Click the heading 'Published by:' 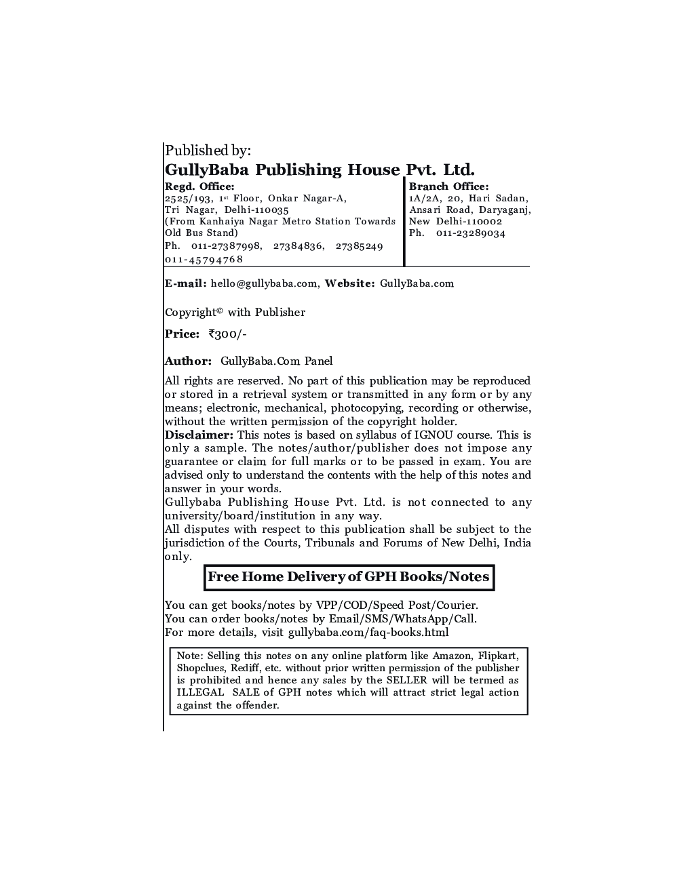click(208, 151)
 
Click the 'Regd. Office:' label click(199, 186)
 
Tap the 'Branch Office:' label click(448, 186)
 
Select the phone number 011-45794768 click(204, 260)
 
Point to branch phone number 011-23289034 click(476, 233)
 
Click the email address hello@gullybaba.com click(264, 283)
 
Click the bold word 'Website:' click(349, 283)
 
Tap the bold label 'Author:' click(188, 361)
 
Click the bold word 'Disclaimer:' click(199, 435)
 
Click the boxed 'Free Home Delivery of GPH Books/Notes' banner click(349, 578)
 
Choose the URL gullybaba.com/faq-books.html click(368, 633)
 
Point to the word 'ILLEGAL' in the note click(200, 693)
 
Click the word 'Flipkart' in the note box click(497, 656)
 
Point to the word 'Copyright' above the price click(191, 313)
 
